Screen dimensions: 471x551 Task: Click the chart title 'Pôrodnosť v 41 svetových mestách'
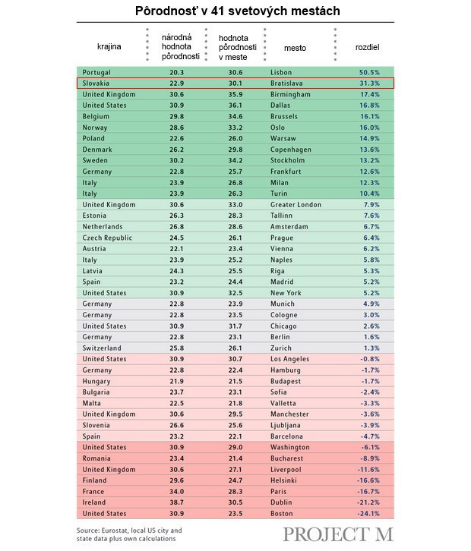coord(238,11)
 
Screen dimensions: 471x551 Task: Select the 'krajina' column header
coord(109,46)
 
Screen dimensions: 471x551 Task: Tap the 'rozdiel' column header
coord(367,47)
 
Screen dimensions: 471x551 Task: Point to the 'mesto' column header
coord(295,48)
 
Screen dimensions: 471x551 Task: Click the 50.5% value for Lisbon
coord(369,72)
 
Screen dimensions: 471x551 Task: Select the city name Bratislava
coord(286,83)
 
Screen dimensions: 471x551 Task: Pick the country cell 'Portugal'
coord(96,72)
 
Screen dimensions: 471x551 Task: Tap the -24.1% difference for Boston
coord(368,513)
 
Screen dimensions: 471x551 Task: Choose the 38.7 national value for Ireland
coord(176,502)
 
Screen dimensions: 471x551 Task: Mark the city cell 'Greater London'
coord(296,204)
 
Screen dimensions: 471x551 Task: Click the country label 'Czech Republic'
coord(107,238)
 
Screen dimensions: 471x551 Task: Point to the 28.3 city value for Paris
coord(235,491)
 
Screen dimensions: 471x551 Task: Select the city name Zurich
coord(280,348)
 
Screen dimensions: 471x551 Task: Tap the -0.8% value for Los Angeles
coord(370,359)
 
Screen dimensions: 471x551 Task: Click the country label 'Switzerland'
coord(102,348)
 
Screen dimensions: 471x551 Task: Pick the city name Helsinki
coord(283,480)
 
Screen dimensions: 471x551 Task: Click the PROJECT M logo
coord(338,534)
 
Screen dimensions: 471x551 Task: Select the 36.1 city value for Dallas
coord(235,105)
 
